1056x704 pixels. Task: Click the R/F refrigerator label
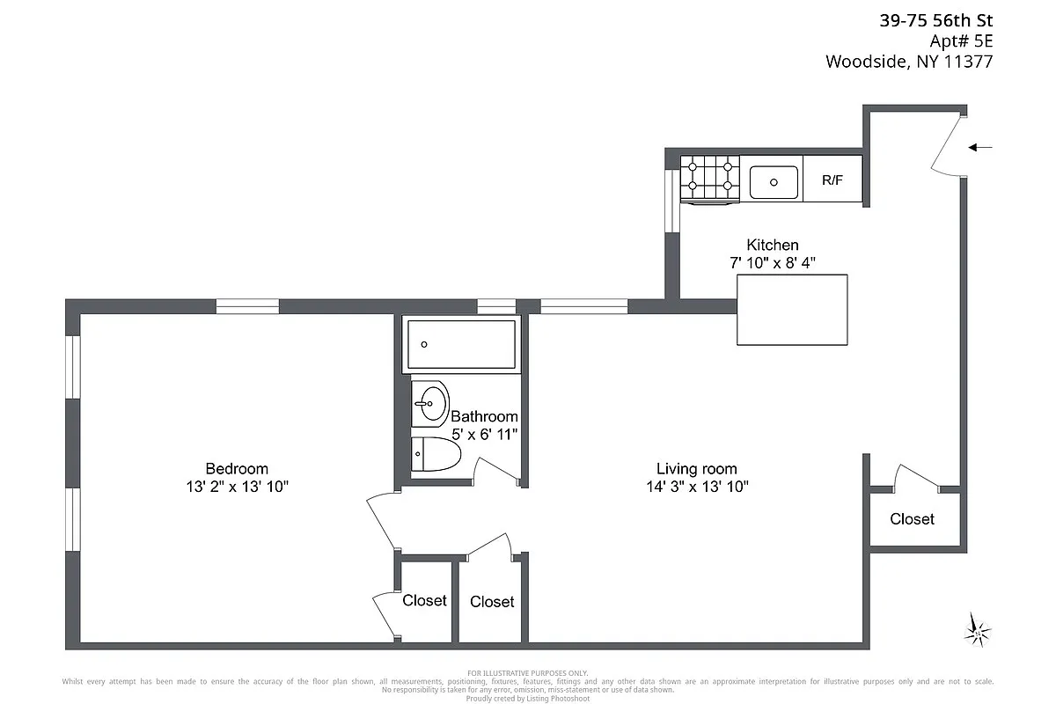(x=832, y=181)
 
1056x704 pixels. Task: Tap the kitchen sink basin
(x=774, y=182)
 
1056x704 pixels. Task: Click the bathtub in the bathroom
(x=459, y=345)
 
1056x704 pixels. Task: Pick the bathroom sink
(x=430, y=404)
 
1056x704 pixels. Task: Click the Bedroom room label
(x=237, y=468)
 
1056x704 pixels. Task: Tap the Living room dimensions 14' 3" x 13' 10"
(x=696, y=486)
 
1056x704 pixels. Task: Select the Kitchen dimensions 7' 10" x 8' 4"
(x=773, y=262)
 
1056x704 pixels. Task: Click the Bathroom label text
(x=484, y=416)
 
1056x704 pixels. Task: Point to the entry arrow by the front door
(x=980, y=148)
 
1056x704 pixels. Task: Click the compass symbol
(x=976, y=628)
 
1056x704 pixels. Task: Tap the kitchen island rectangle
(x=792, y=310)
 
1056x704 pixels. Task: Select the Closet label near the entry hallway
(x=912, y=519)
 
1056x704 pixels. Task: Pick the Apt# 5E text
(x=961, y=41)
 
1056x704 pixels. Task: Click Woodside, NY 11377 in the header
(x=909, y=62)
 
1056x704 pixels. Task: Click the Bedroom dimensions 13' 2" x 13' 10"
(x=237, y=486)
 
